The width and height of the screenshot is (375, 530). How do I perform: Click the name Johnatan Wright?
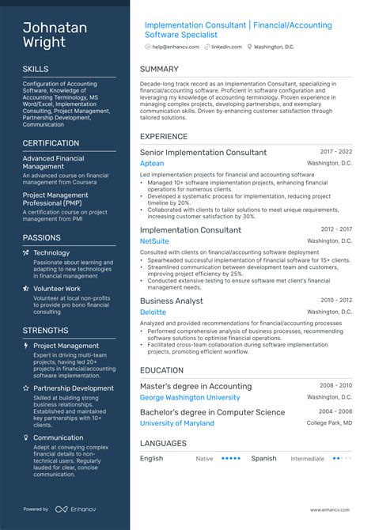(55, 35)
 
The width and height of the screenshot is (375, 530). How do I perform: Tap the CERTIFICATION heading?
(51, 143)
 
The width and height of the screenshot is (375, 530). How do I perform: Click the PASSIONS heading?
(41, 237)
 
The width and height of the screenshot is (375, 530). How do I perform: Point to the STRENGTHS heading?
(45, 331)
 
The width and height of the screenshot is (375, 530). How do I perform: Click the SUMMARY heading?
(159, 70)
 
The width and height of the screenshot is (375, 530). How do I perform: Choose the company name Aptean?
(152, 164)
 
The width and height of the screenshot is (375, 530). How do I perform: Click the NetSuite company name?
(154, 241)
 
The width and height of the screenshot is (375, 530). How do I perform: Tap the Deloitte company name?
(153, 312)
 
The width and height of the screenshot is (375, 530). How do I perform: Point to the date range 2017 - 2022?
(336, 151)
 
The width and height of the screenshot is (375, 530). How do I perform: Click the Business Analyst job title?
(172, 301)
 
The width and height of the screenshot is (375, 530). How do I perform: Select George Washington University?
(190, 397)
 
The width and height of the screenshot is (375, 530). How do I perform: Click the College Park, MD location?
(329, 423)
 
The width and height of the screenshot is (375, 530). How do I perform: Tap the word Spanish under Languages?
(263, 458)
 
